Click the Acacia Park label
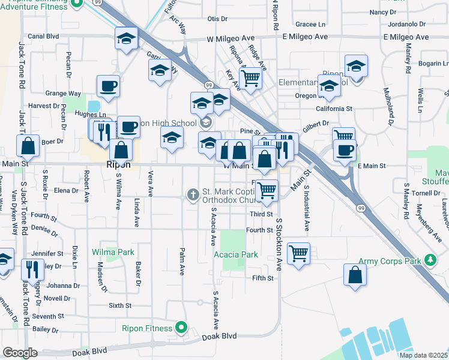point(236,254)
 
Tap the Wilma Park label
point(113,253)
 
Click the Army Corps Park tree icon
point(430,260)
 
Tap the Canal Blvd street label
point(43,36)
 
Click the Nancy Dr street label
point(383,12)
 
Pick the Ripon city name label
point(118,164)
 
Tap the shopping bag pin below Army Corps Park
point(355,275)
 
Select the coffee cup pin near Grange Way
point(108,86)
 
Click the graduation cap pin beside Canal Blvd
point(127,38)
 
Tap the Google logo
point(20,353)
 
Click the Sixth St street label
point(120,305)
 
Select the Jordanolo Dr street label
point(406,25)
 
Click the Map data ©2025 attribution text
point(424,355)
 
